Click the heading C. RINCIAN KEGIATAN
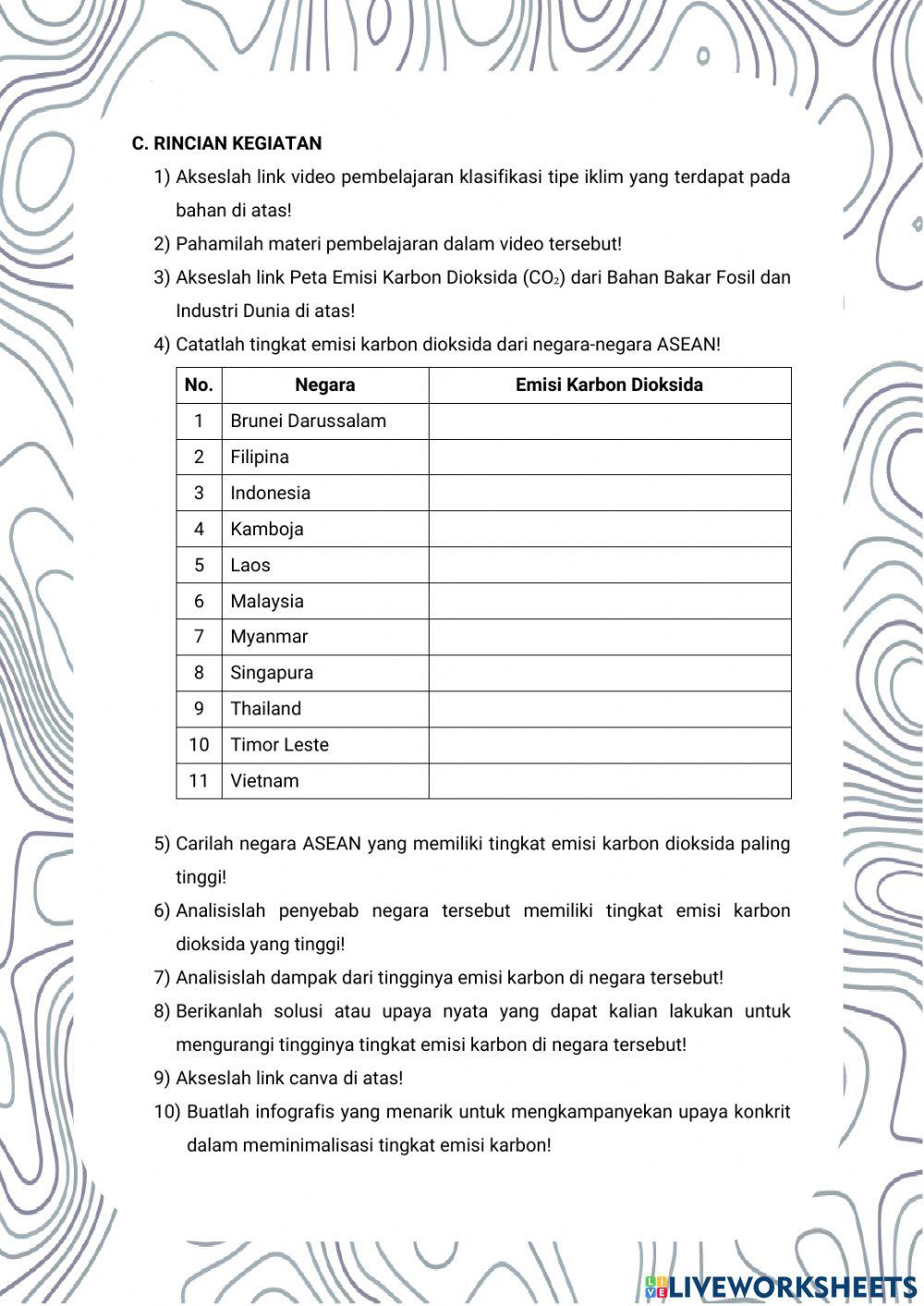(226, 143)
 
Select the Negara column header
(324, 385)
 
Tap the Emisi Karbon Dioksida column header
(609, 385)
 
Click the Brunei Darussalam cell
(309, 421)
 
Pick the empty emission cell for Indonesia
(609, 494)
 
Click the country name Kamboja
(267, 530)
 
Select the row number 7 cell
(199, 637)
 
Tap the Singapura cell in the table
(272, 673)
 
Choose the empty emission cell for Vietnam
(609, 781)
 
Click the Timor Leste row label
(280, 745)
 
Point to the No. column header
(199, 385)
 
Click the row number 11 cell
(199, 781)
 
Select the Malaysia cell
(267, 602)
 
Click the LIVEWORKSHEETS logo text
(792, 1287)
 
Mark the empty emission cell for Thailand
(609, 709)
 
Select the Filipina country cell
(260, 458)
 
